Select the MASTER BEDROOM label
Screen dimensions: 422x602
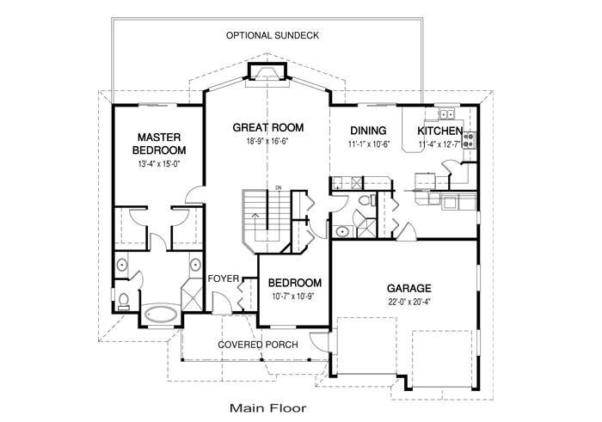pyautogui.click(x=159, y=144)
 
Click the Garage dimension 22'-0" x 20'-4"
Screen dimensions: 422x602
pyautogui.click(x=408, y=302)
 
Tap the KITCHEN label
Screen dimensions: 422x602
pyautogui.click(x=440, y=131)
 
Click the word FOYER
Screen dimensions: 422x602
pyautogui.click(x=224, y=278)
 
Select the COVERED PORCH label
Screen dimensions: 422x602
pyautogui.click(x=258, y=345)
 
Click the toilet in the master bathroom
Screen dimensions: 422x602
pyautogui.click(x=124, y=300)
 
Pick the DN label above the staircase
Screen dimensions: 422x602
pyautogui.click(x=279, y=187)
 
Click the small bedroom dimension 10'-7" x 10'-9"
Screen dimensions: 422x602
pyautogui.click(x=294, y=297)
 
